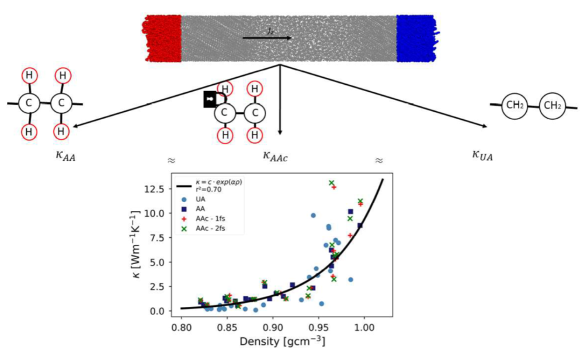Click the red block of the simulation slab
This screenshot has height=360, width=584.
162,39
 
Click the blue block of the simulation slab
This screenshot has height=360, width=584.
415,39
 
